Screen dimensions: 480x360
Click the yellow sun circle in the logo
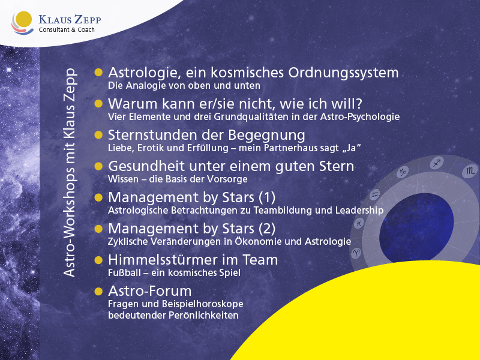(23, 21)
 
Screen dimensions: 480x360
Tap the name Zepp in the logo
(86, 20)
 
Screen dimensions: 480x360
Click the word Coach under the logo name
(86, 29)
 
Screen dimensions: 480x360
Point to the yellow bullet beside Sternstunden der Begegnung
(98, 135)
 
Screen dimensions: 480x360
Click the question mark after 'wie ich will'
(358, 103)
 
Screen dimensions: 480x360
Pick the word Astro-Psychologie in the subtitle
(360, 117)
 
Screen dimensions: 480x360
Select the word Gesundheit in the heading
(146, 166)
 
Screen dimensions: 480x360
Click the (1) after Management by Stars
(267, 197)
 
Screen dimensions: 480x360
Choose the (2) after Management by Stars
(267, 229)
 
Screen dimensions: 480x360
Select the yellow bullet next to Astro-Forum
(98, 291)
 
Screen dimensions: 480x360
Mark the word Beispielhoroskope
(203, 304)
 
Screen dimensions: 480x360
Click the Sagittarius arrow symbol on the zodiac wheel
(437, 163)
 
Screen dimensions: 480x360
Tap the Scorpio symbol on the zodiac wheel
(470, 171)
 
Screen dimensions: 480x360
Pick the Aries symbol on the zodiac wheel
(356, 253)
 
